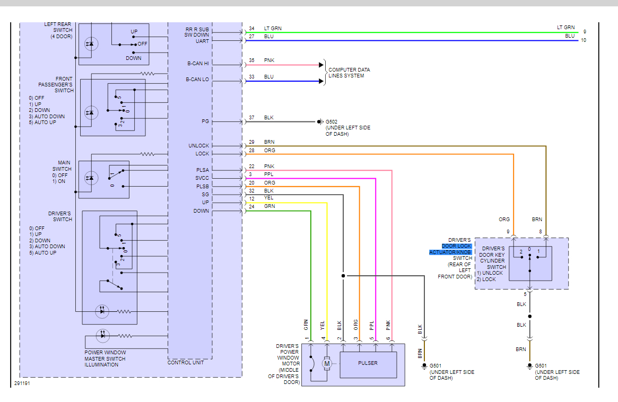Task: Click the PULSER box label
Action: point(368,363)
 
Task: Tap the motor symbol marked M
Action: point(327,364)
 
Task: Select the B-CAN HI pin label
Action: point(198,64)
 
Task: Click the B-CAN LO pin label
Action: point(198,79)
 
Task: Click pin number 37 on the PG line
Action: point(251,118)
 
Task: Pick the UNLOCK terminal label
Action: point(199,146)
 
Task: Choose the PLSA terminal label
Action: point(202,170)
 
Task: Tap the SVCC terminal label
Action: point(202,178)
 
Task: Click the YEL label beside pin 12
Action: point(268,198)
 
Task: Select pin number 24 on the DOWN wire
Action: point(251,206)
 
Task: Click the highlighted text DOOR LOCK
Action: point(456,246)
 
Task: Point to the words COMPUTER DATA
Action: point(349,70)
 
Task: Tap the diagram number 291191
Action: point(22,383)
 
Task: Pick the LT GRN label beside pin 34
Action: point(273,28)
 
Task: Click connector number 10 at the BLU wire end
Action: point(584,40)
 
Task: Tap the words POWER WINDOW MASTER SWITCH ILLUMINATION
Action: point(105,359)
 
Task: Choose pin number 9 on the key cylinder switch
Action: point(508,231)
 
